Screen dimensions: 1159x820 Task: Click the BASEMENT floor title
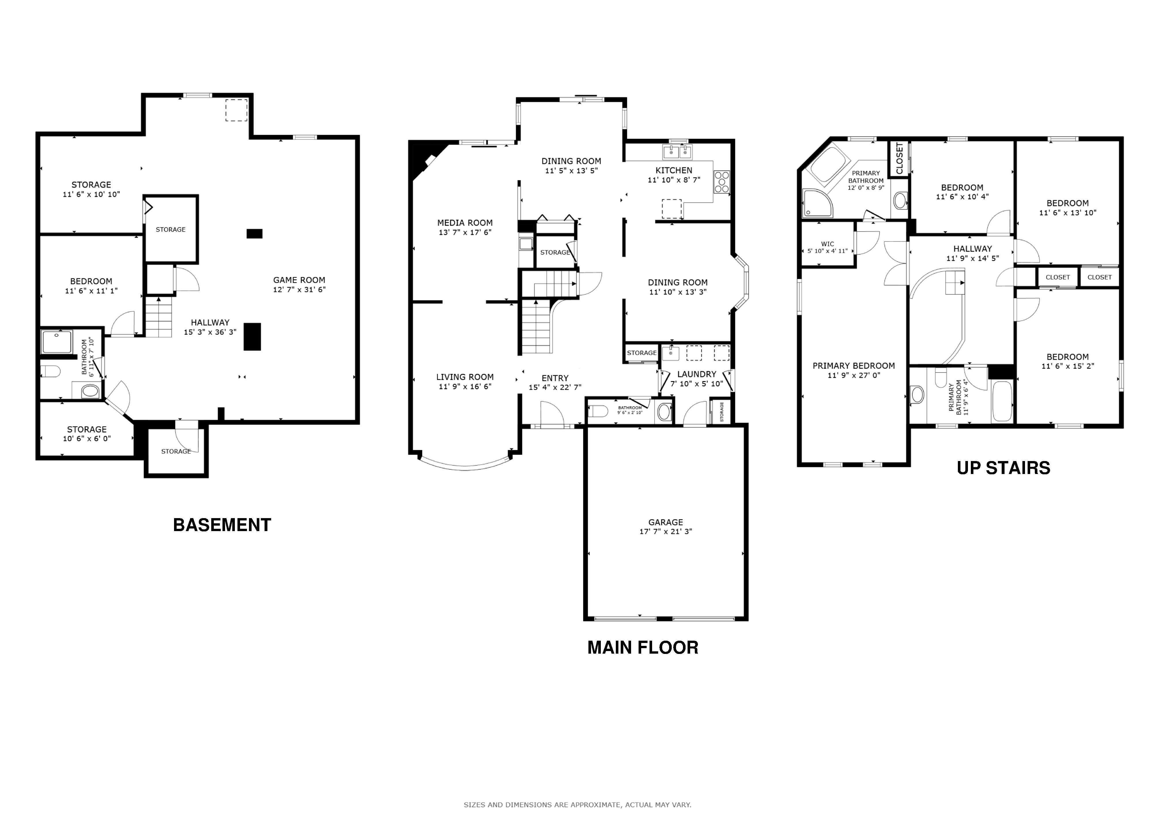click(x=222, y=525)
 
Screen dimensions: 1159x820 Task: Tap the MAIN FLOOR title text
click(x=643, y=647)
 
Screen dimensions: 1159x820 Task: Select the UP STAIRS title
click(x=1003, y=468)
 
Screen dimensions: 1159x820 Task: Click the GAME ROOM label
click(x=299, y=280)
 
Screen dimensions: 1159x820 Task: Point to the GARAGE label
click(x=666, y=522)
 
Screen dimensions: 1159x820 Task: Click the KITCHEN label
click(x=674, y=170)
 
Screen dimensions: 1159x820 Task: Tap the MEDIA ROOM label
click(x=465, y=223)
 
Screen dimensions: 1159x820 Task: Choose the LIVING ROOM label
click(x=465, y=377)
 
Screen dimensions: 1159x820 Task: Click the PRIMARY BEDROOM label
click(x=854, y=366)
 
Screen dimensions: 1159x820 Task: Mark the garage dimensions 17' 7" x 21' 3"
click(x=666, y=531)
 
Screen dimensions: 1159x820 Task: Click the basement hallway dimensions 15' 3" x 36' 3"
click(x=210, y=332)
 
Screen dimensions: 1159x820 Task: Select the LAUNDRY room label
click(x=696, y=374)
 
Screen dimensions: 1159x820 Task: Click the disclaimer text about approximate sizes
click(x=577, y=805)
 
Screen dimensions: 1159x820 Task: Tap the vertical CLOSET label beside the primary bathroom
click(x=899, y=159)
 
